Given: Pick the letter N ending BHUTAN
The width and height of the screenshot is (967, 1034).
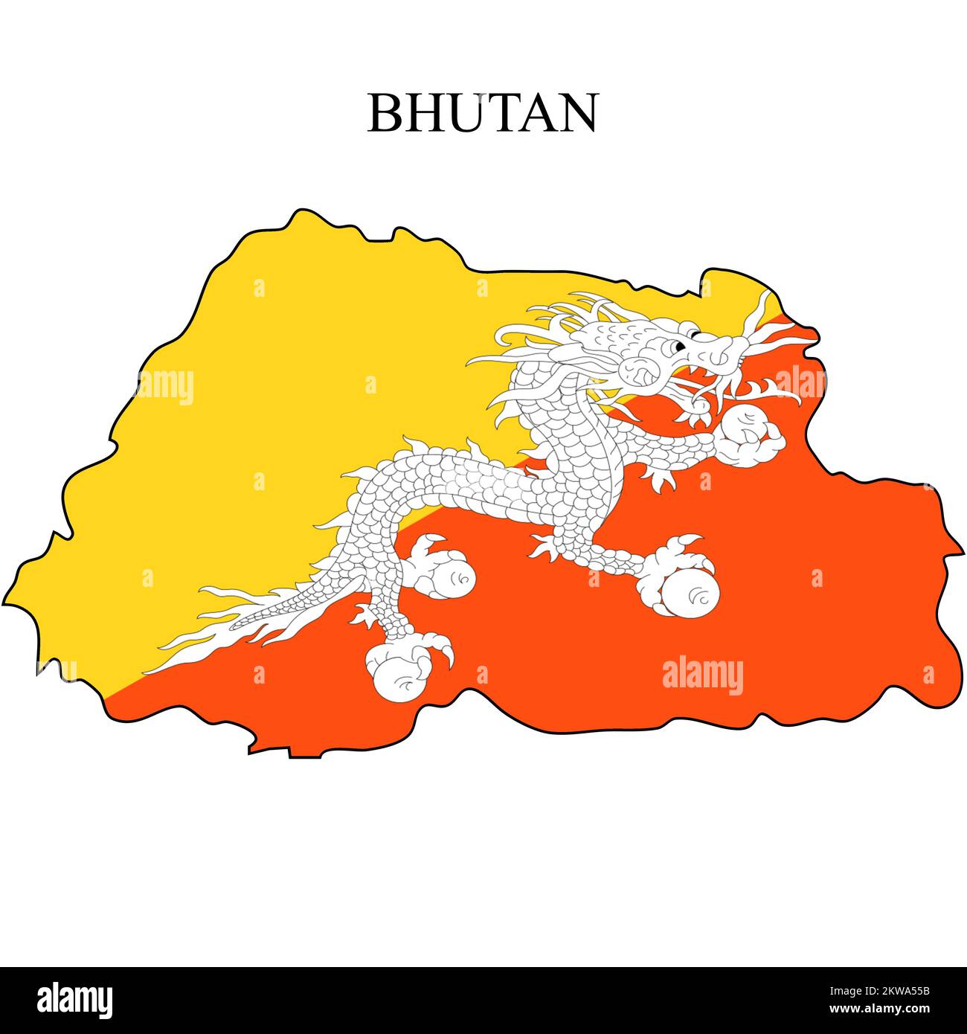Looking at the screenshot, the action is tap(576, 113).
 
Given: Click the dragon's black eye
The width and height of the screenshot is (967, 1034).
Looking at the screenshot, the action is tap(678, 346).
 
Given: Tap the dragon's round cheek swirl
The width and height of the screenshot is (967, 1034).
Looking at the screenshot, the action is tap(636, 369).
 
